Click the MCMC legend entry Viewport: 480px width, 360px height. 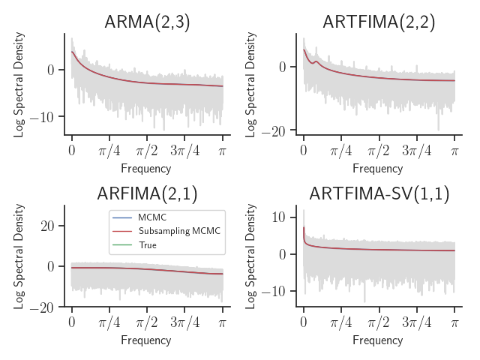147,217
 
